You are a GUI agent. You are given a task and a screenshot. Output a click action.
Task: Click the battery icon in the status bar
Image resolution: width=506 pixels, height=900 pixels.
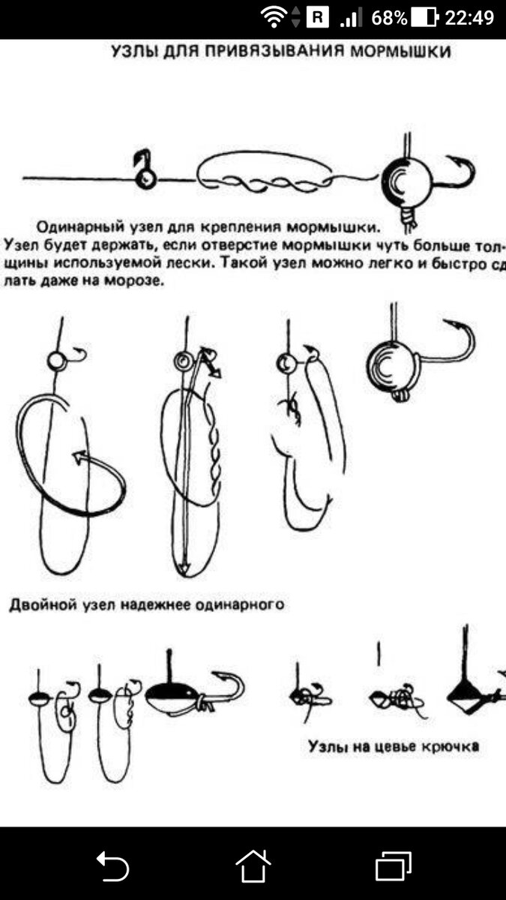pyautogui.click(x=424, y=17)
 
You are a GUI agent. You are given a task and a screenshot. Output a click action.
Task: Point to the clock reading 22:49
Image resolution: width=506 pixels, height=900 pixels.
pyautogui.click(x=469, y=17)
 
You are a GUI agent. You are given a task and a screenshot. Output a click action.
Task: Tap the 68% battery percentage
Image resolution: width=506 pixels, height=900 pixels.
pyautogui.click(x=388, y=17)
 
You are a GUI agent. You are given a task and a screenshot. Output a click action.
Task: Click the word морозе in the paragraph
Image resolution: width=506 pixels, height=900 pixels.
pyautogui.click(x=136, y=281)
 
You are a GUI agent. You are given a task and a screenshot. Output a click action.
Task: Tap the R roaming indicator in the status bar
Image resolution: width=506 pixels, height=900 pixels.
pyautogui.click(x=317, y=17)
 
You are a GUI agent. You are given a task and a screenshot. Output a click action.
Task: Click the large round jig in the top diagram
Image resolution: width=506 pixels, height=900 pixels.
pyautogui.click(x=406, y=181)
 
